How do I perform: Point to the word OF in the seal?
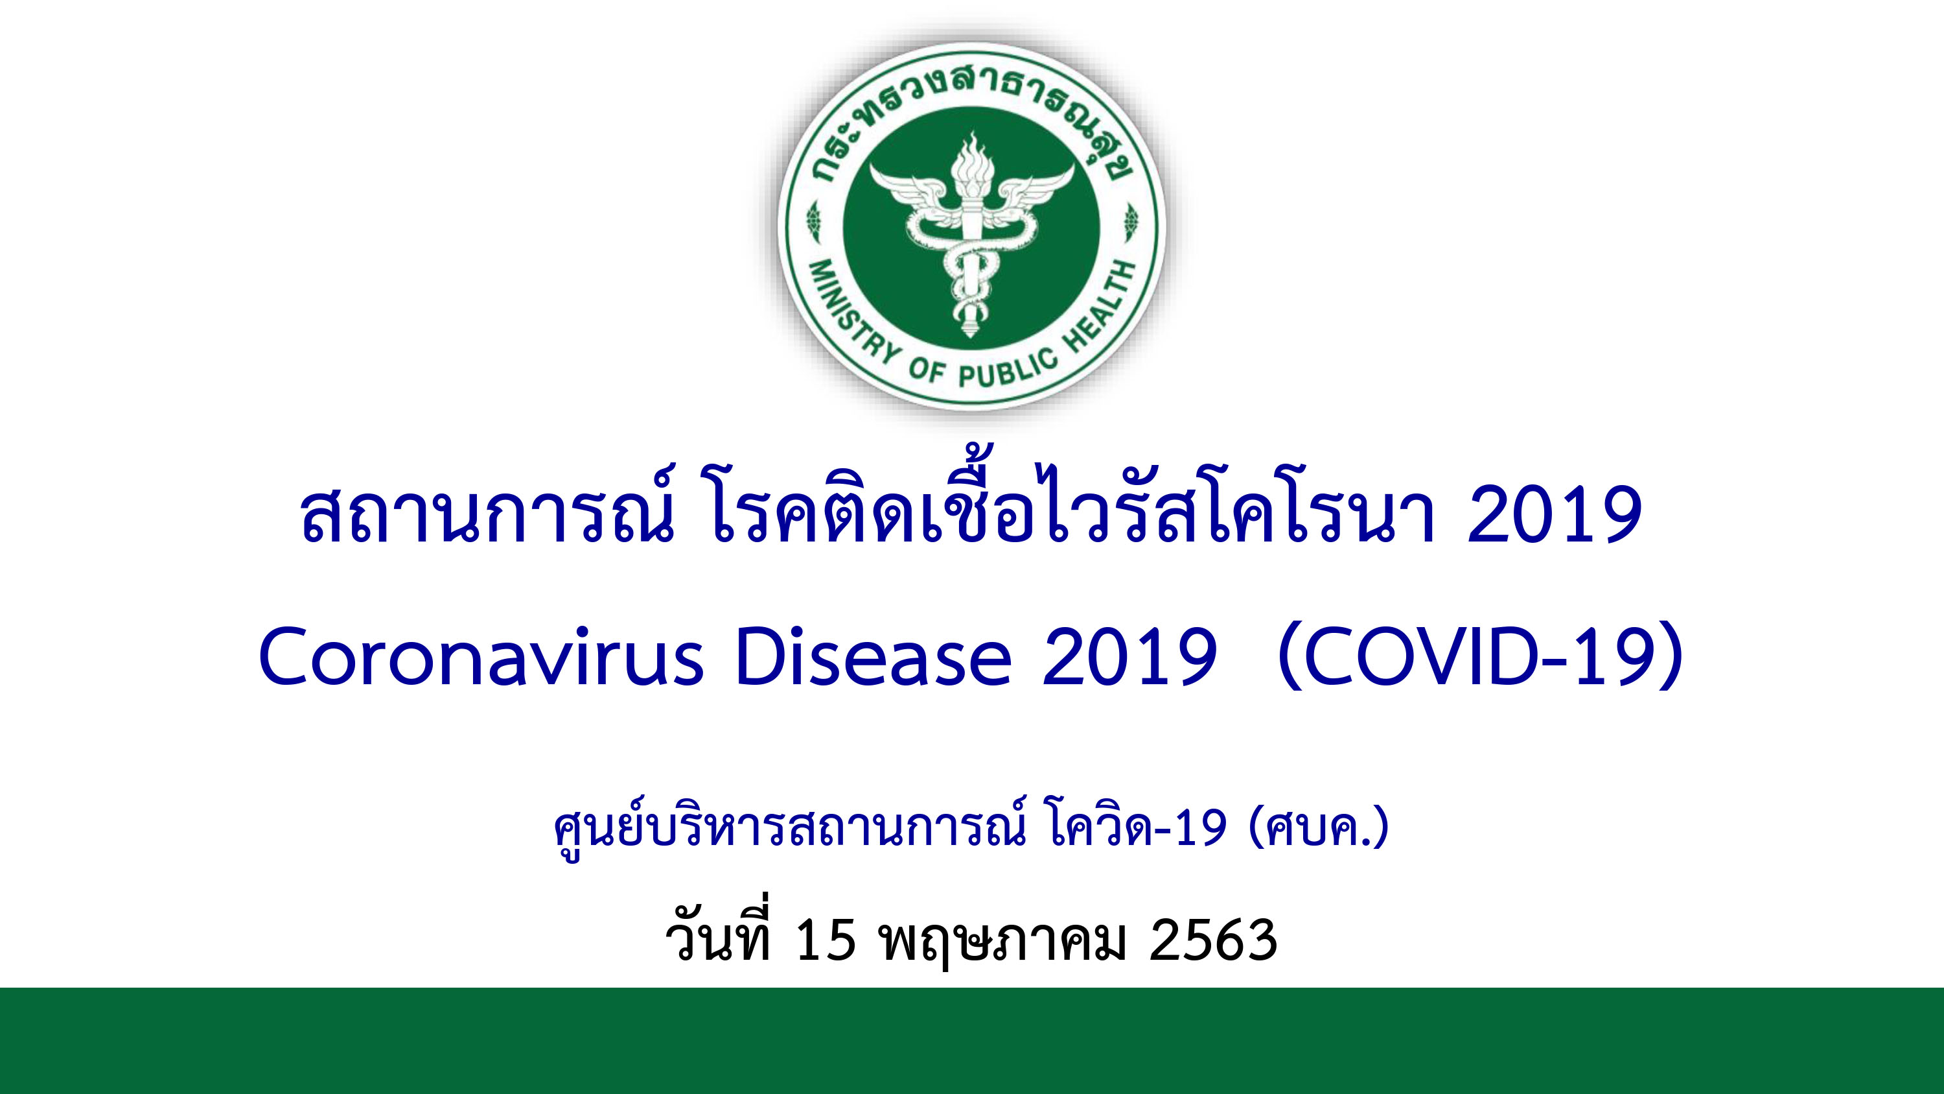(x=927, y=370)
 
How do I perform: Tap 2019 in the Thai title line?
(x=1555, y=516)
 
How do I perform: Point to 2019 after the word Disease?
(x=1129, y=657)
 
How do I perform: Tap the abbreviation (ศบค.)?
(x=1320, y=829)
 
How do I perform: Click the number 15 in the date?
(x=826, y=939)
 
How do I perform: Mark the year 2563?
(x=1214, y=939)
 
